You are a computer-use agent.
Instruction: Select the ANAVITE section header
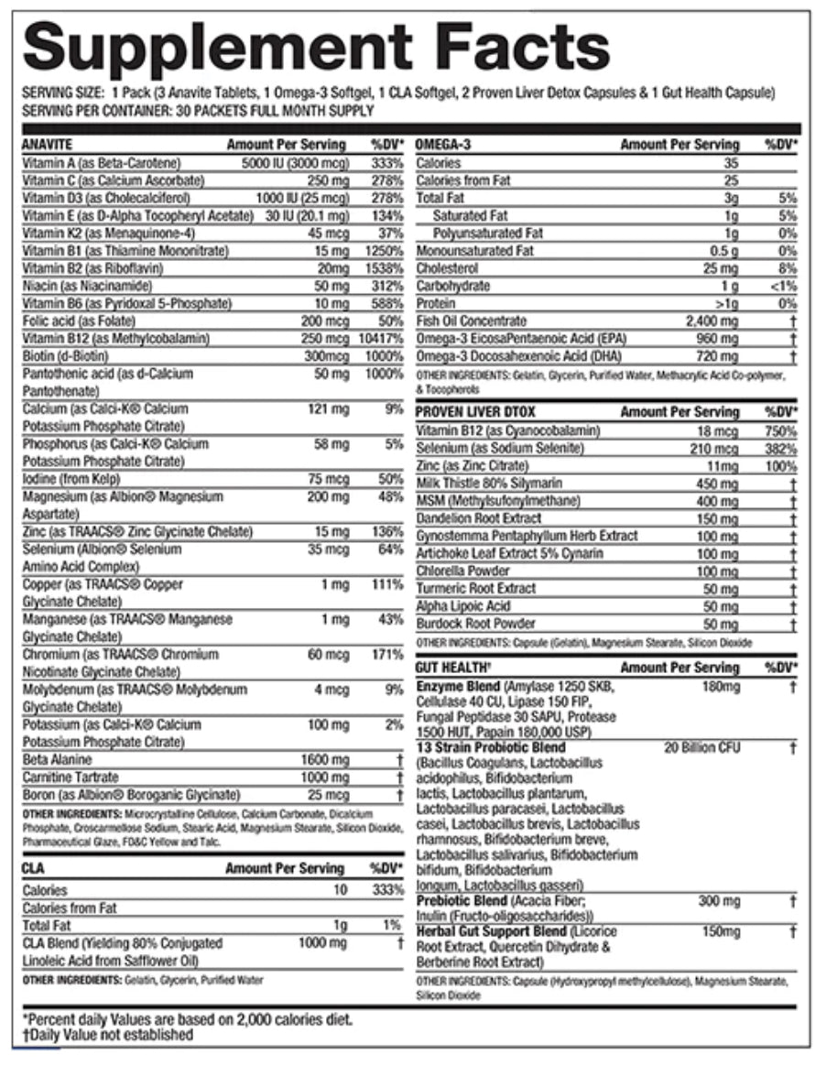pyautogui.click(x=47, y=145)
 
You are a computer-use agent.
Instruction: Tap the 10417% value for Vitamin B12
pyautogui.click(x=383, y=338)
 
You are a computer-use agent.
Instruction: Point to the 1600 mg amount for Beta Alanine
pyautogui.click(x=325, y=760)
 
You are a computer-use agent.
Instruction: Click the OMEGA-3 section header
pyautogui.click(x=445, y=145)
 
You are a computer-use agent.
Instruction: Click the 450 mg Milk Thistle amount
pyautogui.click(x=718, y=484)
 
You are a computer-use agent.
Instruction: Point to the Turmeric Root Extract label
pyautogui.click(x=476, y=589)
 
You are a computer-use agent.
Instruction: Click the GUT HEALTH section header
pyautogui.click(x=452, y=668)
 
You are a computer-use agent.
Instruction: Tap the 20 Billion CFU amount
pyautogui.click(x=701, y=748)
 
